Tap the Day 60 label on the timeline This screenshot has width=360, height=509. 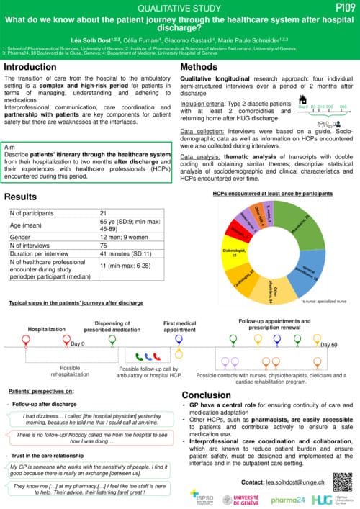pos(328,346)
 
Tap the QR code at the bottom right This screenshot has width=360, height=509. pos(342,482)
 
